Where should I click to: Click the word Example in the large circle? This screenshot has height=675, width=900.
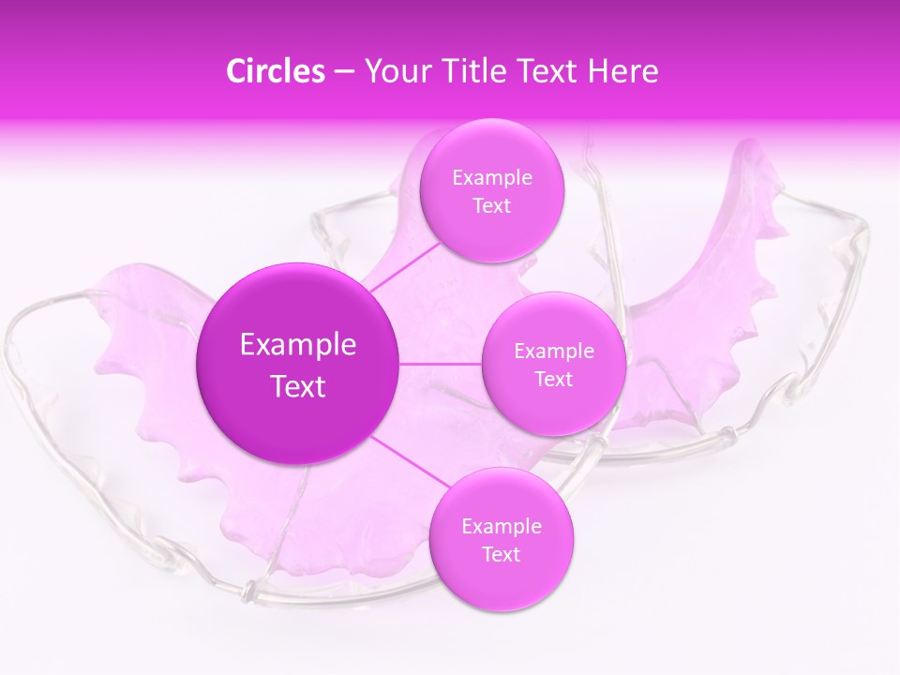297,345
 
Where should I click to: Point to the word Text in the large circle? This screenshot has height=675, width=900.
297,386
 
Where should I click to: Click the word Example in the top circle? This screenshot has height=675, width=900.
491,177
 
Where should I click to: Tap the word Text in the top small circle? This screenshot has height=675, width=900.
491,205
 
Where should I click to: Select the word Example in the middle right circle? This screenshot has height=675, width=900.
553,352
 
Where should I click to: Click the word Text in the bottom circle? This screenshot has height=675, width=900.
501,554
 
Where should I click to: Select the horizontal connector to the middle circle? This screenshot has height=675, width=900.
441,363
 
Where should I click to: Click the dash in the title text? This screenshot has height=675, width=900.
343,72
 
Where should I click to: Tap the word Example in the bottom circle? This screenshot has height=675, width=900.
501,526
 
